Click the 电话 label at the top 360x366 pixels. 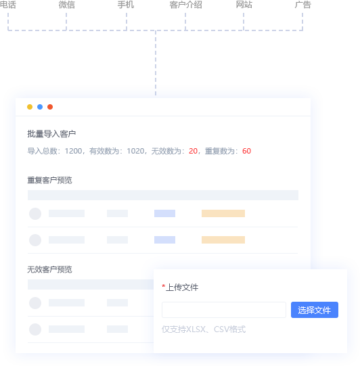7,5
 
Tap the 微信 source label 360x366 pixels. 66,5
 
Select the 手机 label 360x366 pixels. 126,5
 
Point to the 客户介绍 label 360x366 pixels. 185,5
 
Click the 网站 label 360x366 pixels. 244,5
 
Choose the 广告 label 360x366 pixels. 302,5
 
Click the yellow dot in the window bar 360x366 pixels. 30,107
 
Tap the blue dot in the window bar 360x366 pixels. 40,107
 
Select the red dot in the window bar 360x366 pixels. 50,107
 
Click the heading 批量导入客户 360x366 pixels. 51,134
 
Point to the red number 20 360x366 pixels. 193,151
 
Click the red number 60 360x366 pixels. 246,151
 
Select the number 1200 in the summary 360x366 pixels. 73,151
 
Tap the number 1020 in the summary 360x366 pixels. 135,151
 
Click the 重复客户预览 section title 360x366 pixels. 49,180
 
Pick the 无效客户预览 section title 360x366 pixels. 49,270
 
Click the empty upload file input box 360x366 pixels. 224,310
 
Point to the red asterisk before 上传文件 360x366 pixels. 164,286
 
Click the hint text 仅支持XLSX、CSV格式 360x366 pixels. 204,329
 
